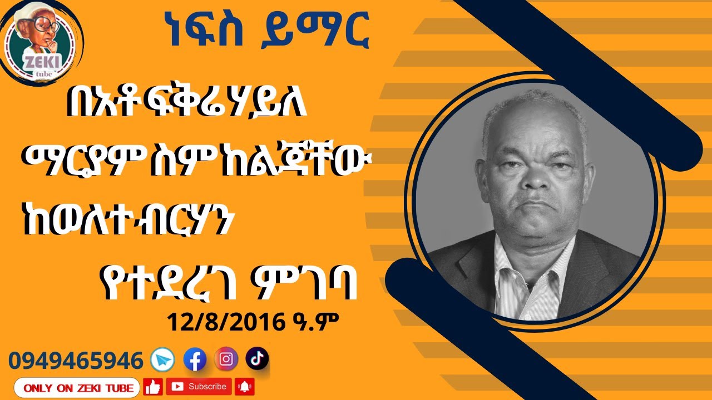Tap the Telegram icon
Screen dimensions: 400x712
[x=162, y=361]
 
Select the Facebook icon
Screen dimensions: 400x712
[x=195, y=360]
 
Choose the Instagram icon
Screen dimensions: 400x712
[x=226, y=359]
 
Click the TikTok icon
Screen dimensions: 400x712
[x=257, y=358]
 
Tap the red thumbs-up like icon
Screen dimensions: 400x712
[x=152, y=387]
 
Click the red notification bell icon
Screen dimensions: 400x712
[x=244, y=386]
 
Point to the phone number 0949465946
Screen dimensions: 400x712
[x=76, y=361]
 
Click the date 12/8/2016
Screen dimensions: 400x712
[x=222, y=322]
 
